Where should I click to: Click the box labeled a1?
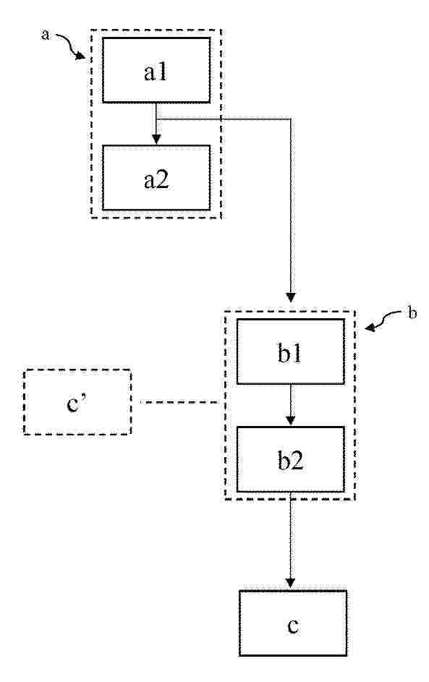point(156,70)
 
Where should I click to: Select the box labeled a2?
point(156,177)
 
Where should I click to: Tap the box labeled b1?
point(291,351)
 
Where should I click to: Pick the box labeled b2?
point(291,459)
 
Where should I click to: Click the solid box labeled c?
point(293,623)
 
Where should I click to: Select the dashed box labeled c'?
point(77,402)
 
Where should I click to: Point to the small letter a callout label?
point(45,35)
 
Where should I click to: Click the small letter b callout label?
point(412,312)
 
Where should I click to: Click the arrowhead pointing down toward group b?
point(291,297)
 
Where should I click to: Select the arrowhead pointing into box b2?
point(291,421)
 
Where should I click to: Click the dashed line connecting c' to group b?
point(179,402)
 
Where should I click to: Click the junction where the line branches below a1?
point(156,119)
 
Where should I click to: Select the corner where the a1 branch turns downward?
point(291,119)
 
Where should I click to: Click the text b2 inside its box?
point(290,460)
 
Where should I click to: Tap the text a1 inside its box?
point(156,71)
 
